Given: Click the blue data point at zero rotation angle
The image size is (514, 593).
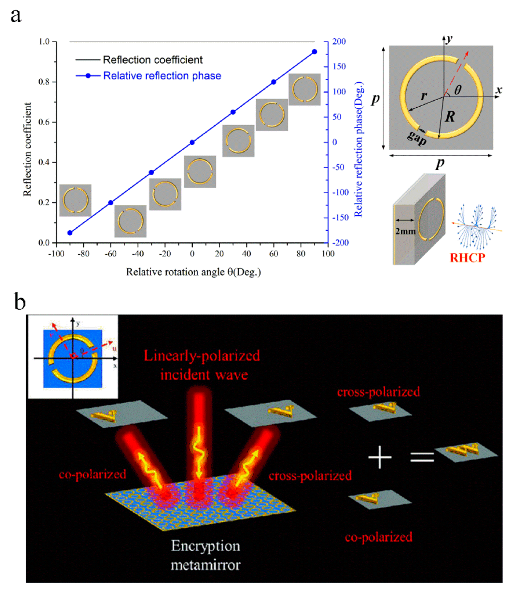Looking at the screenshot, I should [192, 142].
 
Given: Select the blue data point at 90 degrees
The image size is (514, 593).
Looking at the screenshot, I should [314, 52].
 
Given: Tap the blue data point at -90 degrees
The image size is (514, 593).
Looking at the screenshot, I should [70, 233].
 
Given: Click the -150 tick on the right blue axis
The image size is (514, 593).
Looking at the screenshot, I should [340, 217].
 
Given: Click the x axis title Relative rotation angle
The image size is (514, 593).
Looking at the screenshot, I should [193, 272].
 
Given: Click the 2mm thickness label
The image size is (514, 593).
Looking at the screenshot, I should [405, 231].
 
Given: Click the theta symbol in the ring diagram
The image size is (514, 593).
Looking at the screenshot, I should [458, 90].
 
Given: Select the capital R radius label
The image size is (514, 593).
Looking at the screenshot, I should [450, 117].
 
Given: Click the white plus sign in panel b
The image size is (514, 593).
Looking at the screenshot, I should [380, 457].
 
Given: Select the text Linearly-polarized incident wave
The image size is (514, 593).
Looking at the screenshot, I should [202, 365].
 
